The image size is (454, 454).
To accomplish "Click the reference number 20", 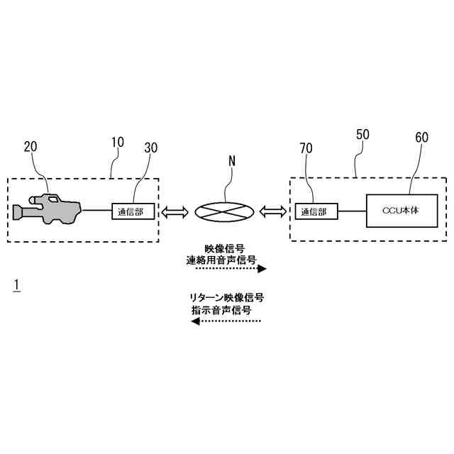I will click(31, 147).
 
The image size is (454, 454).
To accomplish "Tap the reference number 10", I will click(117, 142).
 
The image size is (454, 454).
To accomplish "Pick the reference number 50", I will click(362, 133).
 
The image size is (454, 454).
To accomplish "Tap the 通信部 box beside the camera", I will click(133, 210).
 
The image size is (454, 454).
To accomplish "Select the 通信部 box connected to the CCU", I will click(316, 211).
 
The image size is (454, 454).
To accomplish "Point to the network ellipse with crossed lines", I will click(224, 211).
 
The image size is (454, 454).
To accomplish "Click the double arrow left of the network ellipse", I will click(175, 211).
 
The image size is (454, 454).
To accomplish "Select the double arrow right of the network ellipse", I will click(272, 211).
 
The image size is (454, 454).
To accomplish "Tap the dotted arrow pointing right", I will click(230, 270).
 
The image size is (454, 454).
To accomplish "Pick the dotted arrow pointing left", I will click(226, 321).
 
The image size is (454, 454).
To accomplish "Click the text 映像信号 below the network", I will click(225, 248).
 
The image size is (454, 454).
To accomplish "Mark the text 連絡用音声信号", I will click(221, 260).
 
